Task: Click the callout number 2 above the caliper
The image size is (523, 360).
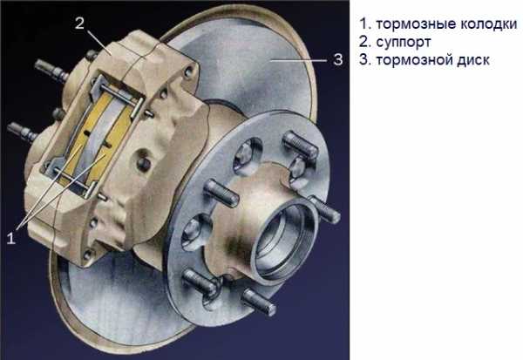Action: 79,24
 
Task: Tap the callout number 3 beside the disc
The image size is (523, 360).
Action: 338,60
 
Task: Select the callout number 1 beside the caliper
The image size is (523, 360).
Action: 11,238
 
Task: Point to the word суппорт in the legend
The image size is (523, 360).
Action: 404,43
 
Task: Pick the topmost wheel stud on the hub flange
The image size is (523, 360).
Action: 299,144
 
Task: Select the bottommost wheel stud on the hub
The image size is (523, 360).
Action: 258,302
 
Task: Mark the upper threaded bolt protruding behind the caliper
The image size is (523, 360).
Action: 51,70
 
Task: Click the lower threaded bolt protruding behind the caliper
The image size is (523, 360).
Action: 23,132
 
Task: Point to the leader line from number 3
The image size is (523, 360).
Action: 298,60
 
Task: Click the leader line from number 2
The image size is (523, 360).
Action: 99,43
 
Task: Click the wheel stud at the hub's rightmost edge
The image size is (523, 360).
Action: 324,209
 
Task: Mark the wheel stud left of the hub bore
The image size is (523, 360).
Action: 221,193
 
